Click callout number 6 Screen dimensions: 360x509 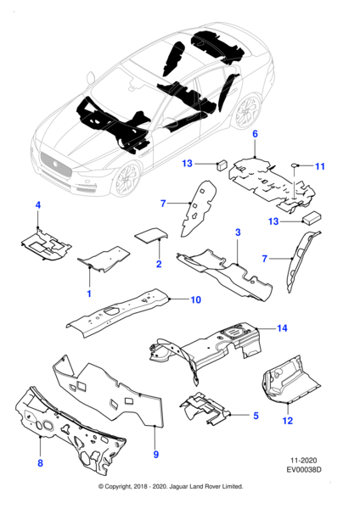tap(255, 134)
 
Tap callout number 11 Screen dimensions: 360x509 tap(320, 166)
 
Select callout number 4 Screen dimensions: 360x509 tap(38, 205)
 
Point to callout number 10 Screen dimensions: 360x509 tap(195, 299)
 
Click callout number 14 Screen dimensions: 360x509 tap(282, 328)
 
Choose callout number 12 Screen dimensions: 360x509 tap(288, 421)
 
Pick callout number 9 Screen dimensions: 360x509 tap(156, 455)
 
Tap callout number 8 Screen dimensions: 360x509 tap(40, 463)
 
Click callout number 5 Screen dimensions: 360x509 tap(256, 416)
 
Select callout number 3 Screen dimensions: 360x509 tap(238, 232)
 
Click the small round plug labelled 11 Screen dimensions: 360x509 tap(295, 165)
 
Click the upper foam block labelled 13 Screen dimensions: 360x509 tap(222, 165)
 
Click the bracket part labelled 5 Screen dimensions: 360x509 tap(205, 408)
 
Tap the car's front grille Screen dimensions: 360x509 tap(55, 165)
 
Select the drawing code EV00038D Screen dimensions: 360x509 tap(304, 469)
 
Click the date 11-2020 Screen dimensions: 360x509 tap(303, 461)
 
